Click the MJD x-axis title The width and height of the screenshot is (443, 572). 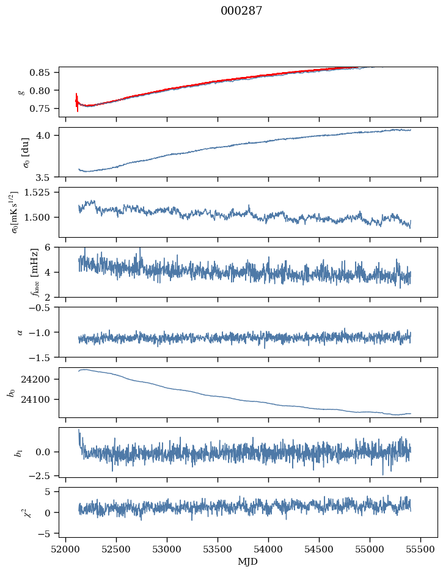coord(247,561)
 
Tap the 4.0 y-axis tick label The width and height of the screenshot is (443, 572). coord(49,135)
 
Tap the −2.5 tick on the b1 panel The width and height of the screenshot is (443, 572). coord(44,475)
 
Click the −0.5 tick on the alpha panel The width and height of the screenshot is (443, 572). coord(44,308)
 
